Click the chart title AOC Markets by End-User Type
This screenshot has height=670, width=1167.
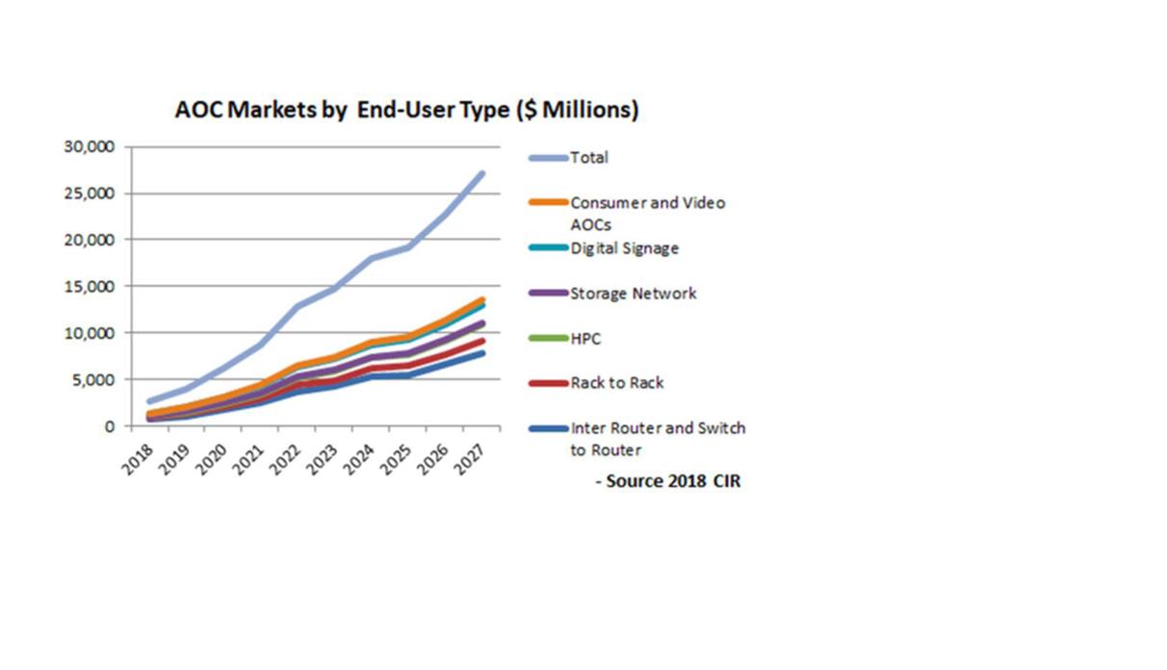(406, 111)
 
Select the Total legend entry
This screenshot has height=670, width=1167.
(589, 158)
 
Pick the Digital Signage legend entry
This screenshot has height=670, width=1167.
(624, 248)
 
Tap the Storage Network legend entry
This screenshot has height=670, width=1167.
(633, 294)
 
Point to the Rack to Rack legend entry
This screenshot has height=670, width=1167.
(616, 383)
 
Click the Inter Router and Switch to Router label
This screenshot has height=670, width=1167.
(658, 438)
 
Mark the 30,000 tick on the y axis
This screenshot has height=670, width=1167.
(90, 146)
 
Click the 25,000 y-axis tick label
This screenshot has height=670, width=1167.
(90, 193)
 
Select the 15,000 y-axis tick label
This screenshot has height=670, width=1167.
(90, 286)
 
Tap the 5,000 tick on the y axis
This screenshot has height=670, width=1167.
(94, 379)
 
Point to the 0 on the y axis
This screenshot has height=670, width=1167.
(110, 425)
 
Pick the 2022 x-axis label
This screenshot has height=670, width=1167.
(285, 454)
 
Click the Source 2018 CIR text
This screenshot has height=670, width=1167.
(672, 480)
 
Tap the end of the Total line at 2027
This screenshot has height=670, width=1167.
(480, 174)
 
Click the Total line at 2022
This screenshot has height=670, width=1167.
(298, 306)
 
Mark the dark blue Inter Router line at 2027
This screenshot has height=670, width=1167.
(480, 353)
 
